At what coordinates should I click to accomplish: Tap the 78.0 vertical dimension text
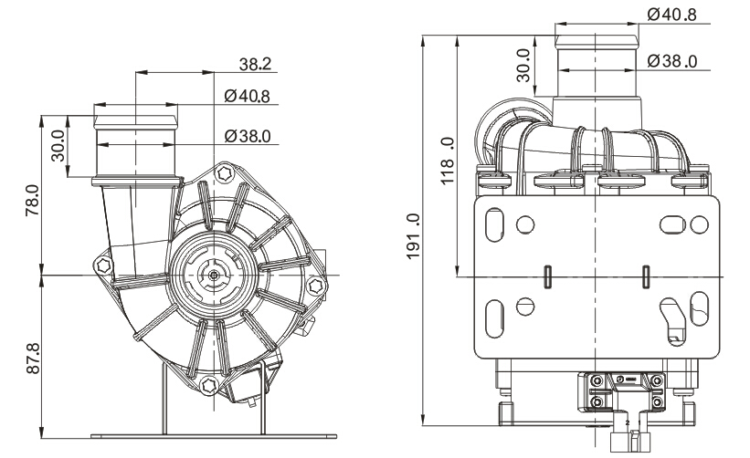point(35,196)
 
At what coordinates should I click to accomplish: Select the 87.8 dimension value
point(35,354)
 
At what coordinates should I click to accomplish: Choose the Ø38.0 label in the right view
point(671,61)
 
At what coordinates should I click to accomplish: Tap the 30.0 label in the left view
point(58,144)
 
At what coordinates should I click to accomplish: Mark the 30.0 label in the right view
point(523,68)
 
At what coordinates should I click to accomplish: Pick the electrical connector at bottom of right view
point(623,394)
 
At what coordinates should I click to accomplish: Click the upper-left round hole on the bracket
point(524,223)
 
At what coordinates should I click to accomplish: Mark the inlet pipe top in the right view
point(597,36)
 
